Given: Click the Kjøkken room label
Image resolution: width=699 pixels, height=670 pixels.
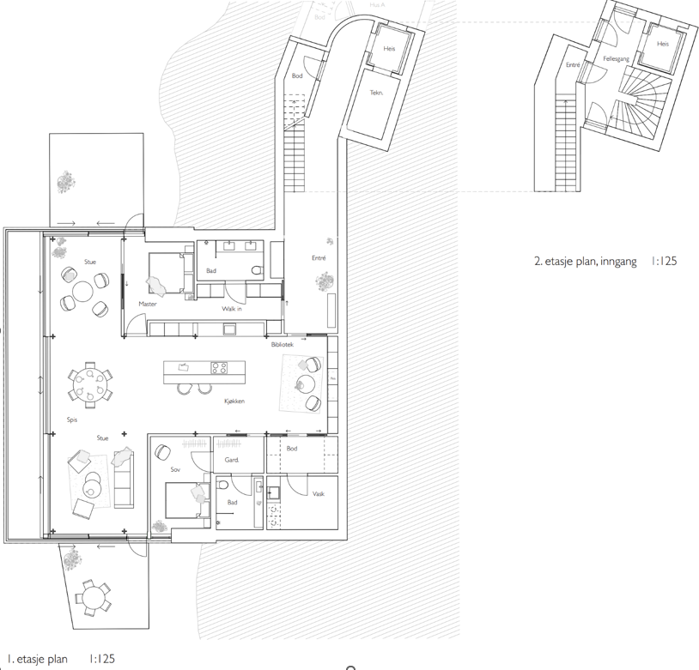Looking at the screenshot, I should click(x=235, y=401).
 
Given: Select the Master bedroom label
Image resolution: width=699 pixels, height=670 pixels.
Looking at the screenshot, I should click(x=148, y=304).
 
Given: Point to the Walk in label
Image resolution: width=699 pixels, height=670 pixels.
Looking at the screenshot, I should click(x=232, y=308).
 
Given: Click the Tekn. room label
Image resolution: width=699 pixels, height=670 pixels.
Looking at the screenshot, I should click(x=376, y=93).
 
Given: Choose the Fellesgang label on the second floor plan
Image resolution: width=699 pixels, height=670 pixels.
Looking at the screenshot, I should click(x=617, y=59).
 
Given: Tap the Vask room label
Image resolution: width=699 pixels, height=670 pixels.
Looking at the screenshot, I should click(x=318, y=494).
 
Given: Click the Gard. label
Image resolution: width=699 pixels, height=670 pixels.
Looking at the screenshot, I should click(x=231, y=460).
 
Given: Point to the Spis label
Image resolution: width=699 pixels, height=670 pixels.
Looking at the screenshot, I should click(x=72, y=420).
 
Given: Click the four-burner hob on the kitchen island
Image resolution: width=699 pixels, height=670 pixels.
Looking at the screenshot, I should click(x=220, y=369).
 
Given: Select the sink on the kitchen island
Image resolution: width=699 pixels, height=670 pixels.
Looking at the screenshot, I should click(x=184, y=367).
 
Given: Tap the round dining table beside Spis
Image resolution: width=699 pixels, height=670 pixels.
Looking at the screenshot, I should click(x=88, y=383).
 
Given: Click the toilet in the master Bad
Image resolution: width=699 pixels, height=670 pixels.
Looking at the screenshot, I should click(x=257, y=272).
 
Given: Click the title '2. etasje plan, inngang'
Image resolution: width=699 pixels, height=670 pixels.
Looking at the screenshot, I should click(x=585, y=261).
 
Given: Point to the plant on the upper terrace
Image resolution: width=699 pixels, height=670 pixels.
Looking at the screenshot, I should click(x=65, y=182).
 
